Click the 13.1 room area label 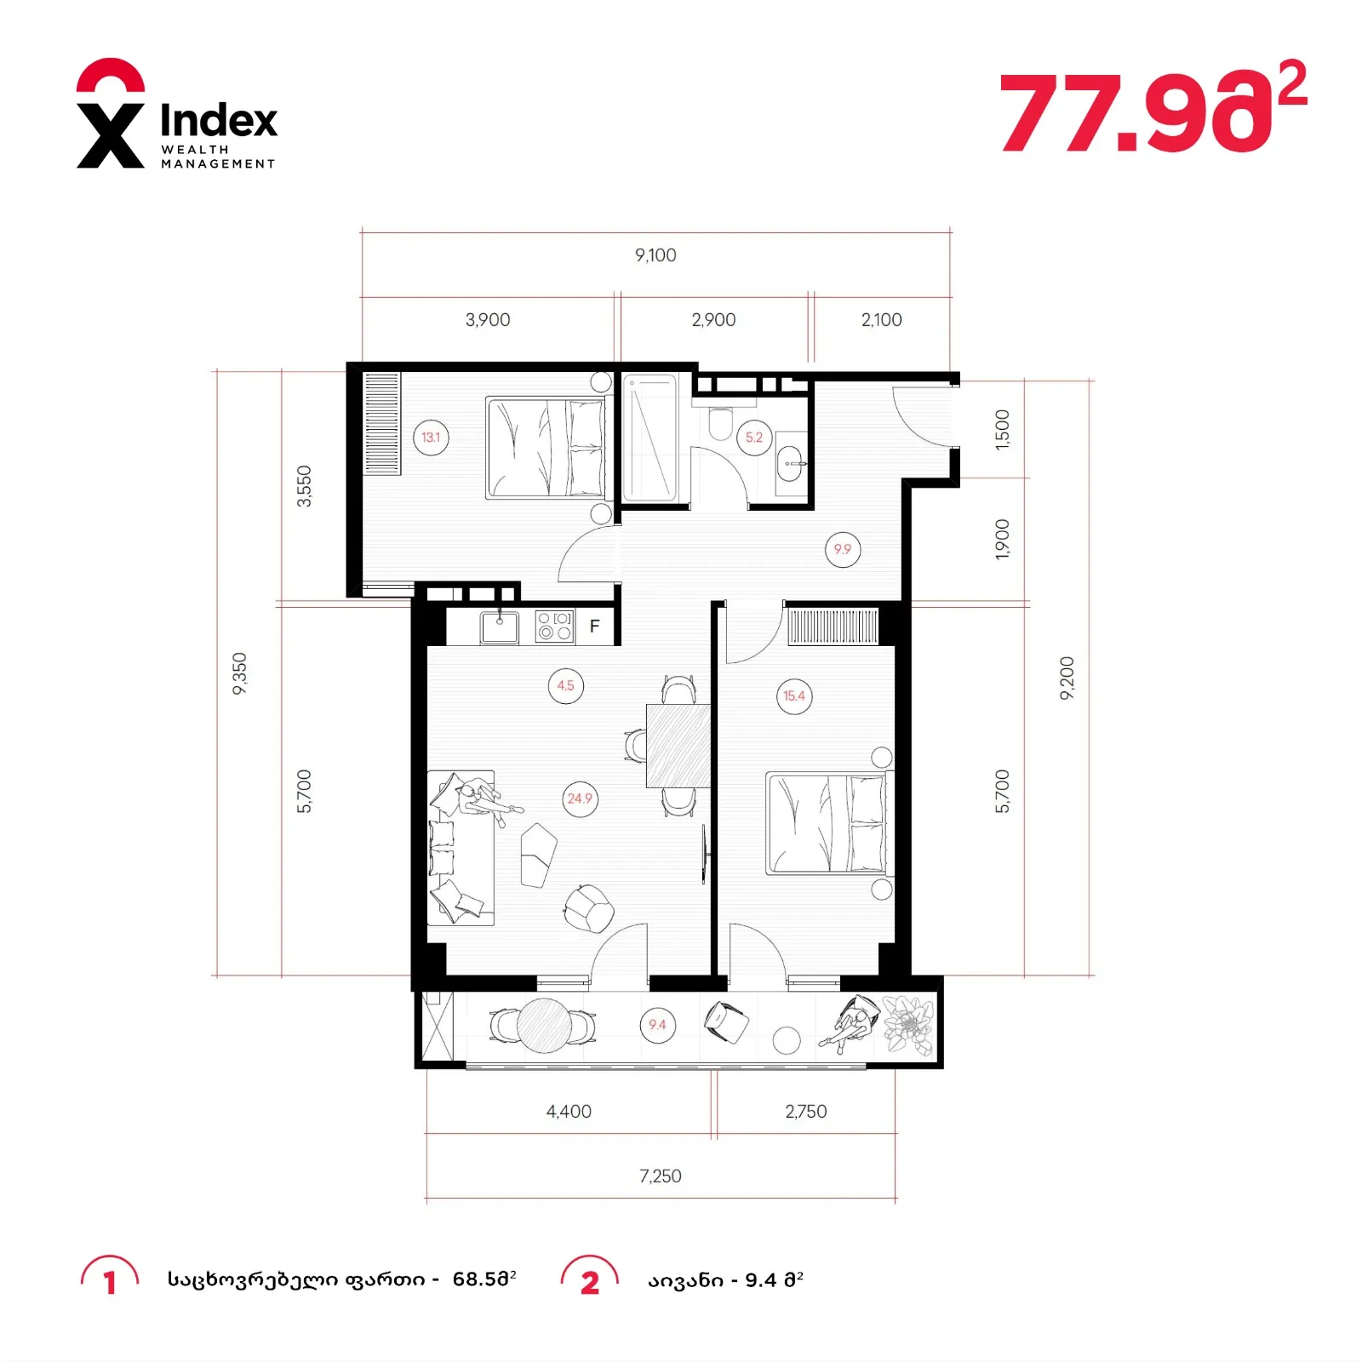[x=431, y=438]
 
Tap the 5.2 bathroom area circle [x=754, y=438]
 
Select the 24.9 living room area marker [x=580, y=798]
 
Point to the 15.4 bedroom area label [x=794, y=696]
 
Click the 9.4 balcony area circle [x=657, y=1025]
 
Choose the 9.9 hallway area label [x=843, y=550]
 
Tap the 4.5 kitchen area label [x=566, y=686]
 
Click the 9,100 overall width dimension [x=655, y=255]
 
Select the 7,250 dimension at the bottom [x=661, y=1176]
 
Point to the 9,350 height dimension [x=240, y=673]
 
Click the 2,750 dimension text [x=806, y=1112]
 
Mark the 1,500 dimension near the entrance [x=1003, y=429]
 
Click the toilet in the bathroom [x=720, y=423]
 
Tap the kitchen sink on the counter [x=500, y=627]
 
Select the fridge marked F [x=595, y=627]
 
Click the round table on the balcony [x=545, y=1025]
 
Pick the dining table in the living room [x=678, y=746]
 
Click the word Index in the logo [x=219, y=120]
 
